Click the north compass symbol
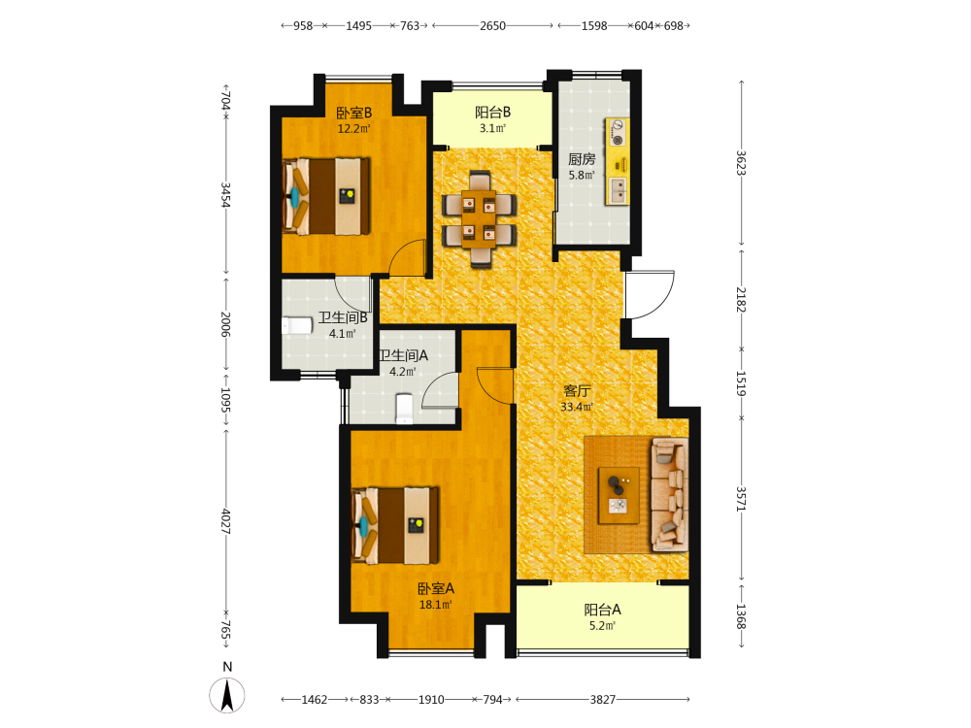point(227,695)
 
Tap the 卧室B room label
point(353,113)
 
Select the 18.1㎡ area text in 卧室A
point(435,604)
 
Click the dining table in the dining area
point(479,219)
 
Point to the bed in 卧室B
point(326,196)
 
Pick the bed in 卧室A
point(396,525)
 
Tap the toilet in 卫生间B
point(297,325)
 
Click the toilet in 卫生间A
point(404,410)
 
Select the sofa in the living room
point(669,494)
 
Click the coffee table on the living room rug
point(619,496)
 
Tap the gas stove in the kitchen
point(618,132)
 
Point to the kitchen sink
point(618,190)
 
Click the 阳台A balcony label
point(603,610)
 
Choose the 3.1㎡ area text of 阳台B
point(492,128)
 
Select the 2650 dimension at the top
point(492,26)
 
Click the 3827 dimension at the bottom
point(603,700)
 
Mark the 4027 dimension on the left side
point(225,522)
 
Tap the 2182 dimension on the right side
point(741,300)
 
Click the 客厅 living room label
point(577,390)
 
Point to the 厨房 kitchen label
point(582,159)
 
